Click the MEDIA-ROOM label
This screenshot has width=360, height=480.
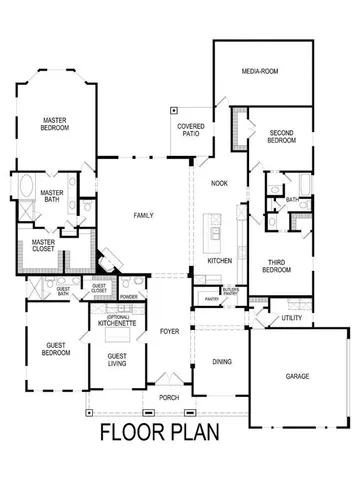tap(261, 72)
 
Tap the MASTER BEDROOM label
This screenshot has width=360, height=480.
tap(54, 124)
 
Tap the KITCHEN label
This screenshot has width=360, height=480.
tap(220, 260)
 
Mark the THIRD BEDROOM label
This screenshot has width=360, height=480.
tap(277, 267)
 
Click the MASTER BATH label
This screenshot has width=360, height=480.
tap(52, 197)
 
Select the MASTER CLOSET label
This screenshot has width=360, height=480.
tap(43, 245)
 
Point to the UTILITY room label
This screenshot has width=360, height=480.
tap(291, 318)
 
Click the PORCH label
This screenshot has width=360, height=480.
tap(169, 397)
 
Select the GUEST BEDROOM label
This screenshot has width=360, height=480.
tap(55, 350)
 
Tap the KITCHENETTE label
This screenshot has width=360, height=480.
tap(117, 324)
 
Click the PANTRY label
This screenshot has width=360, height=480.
tap(211, 298)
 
